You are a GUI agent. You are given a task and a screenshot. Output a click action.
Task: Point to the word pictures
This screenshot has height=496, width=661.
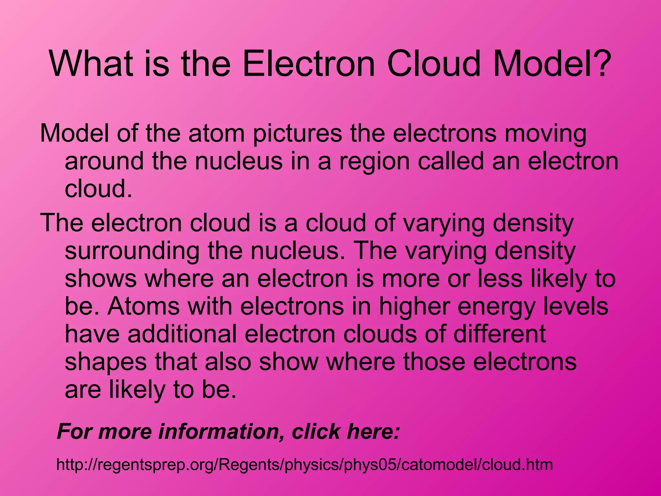pos(297,134)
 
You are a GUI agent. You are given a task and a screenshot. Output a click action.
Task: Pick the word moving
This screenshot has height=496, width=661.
pos(545,134)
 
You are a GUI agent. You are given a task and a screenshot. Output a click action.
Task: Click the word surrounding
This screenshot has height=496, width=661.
pos(132,252)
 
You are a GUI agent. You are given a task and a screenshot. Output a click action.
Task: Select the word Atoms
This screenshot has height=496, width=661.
pos(144,306)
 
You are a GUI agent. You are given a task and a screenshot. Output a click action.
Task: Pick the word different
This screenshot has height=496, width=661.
pos(500,334)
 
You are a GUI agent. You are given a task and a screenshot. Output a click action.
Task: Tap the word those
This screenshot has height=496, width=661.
pos(434,362)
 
